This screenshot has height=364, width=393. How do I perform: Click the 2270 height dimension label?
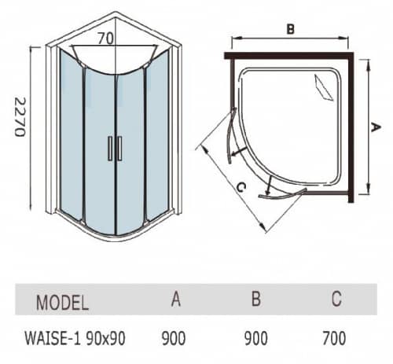(20, 117)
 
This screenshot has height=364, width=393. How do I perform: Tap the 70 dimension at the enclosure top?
(106, 39)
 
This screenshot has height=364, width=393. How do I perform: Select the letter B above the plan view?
(290, 29)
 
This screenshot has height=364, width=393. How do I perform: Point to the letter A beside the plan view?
(376, 127)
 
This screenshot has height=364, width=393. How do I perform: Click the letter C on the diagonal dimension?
(241, 187)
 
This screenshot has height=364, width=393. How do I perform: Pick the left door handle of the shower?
(110, 148)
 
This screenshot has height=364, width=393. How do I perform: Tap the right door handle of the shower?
(119, 148)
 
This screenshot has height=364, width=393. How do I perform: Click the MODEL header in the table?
(62, 303)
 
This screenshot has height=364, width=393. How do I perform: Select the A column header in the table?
(176, 299)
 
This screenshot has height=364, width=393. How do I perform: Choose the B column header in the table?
(256, 299)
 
